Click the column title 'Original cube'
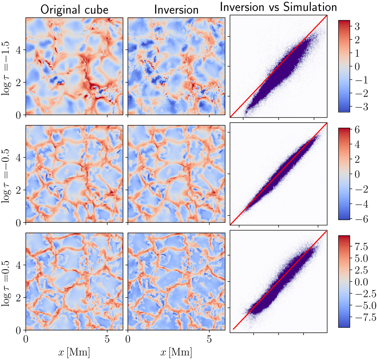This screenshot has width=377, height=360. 74,10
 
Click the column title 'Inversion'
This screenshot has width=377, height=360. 176,10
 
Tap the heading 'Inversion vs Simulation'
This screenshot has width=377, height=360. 279,7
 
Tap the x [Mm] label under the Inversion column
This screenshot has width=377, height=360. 176,352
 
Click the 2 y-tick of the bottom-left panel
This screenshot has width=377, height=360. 19,298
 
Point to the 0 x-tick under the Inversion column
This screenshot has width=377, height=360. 128,340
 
